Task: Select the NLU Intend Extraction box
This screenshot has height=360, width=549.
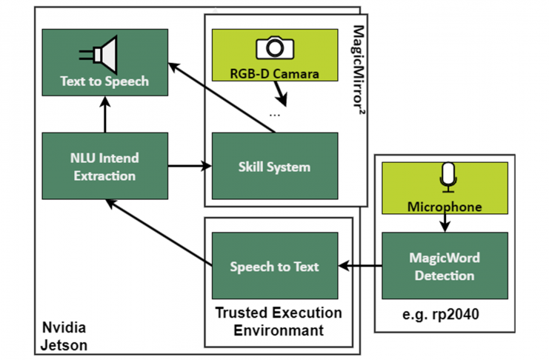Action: [x=104, y=167]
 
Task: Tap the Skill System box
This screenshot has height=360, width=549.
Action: [x=274, y=167]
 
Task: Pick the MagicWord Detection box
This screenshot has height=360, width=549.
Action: [x=445, y=267]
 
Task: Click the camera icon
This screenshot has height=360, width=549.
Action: [x=274, y=49]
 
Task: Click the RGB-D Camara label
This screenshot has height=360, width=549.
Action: [x=274, y=73]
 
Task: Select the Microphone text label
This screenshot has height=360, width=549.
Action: [x=445, y=207]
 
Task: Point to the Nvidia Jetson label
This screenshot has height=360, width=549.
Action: [x=63, y=336]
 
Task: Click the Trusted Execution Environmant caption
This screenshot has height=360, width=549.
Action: [x=278, y=321]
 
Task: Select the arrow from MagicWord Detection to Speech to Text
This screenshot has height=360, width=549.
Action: [x=360, y=266]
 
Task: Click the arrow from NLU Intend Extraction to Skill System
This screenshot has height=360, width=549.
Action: [x=190, y=167]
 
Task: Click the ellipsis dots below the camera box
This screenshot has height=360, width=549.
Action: [x=275, y=116]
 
